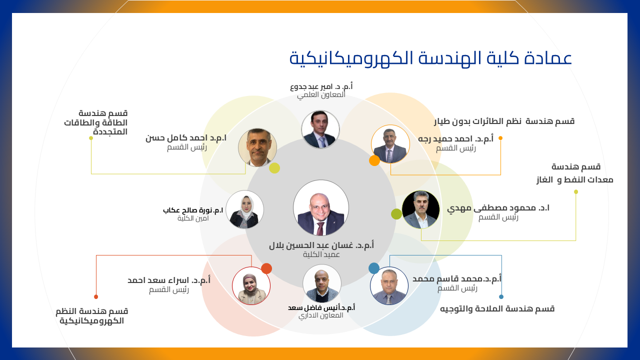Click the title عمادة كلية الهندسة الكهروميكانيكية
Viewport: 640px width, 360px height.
[430, 58]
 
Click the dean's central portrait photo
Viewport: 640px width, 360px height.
[321, 207]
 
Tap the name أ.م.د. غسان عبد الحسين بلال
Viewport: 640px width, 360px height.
[321, 245]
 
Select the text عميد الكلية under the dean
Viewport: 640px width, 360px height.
[321, 254]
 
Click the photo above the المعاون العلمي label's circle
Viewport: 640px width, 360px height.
[320, 129]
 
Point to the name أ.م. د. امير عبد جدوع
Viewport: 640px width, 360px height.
[321, 86]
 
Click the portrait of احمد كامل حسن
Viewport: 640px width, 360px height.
[257, 147]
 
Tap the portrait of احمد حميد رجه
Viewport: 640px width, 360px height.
[390, 144]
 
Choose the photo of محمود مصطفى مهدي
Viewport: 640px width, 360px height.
[420, 209]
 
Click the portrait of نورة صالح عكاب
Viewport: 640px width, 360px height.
[244, 209]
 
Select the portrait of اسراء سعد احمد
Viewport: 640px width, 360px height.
[251, 285]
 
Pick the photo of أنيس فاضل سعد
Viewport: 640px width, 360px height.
[321, 283]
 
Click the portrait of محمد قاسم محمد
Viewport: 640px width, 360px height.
[389, 285]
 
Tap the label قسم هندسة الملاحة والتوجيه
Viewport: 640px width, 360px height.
[497, 309]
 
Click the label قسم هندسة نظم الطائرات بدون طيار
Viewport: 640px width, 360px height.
[504, 121]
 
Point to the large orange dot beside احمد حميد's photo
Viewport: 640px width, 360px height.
[374, 160]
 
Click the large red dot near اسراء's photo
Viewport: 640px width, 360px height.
[266, 268]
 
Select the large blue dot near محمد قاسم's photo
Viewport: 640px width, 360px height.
[373, 268]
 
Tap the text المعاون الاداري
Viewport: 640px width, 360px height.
[321, 315]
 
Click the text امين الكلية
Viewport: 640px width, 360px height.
[193, 218]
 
